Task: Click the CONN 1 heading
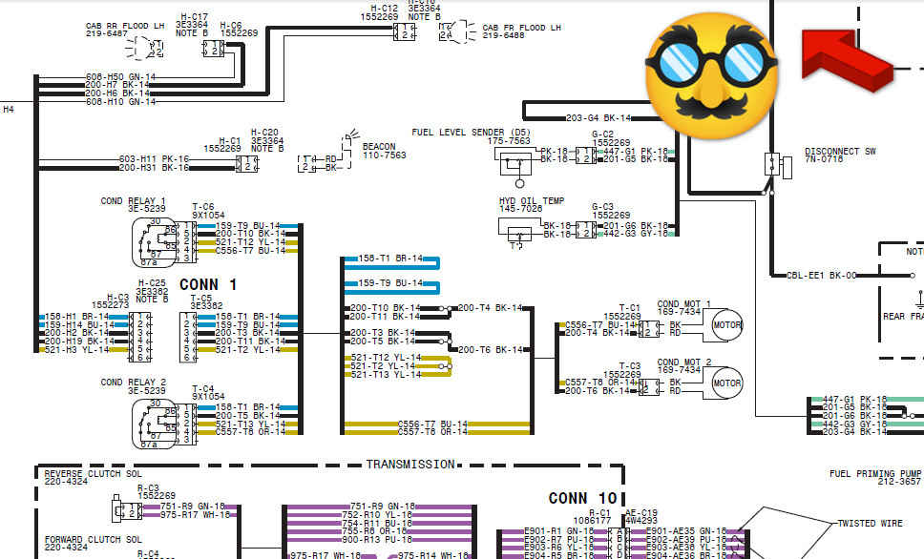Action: pyautogui.click(x=207, y=284)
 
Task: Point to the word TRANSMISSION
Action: pyautogui.click(x=410, y=465)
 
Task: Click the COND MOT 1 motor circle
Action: pyautogui.click(x=727, y=324)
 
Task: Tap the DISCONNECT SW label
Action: pyautogui.click(x=840, y=152)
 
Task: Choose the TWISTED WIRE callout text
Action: pyautogui.click(x=870, y=524)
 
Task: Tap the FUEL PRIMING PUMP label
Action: pyautogui.click(x=875, y=474)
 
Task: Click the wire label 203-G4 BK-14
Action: pyautogui.click(x=598, y=118)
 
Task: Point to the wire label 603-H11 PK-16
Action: pyautogui.click(x=154, y=158)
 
